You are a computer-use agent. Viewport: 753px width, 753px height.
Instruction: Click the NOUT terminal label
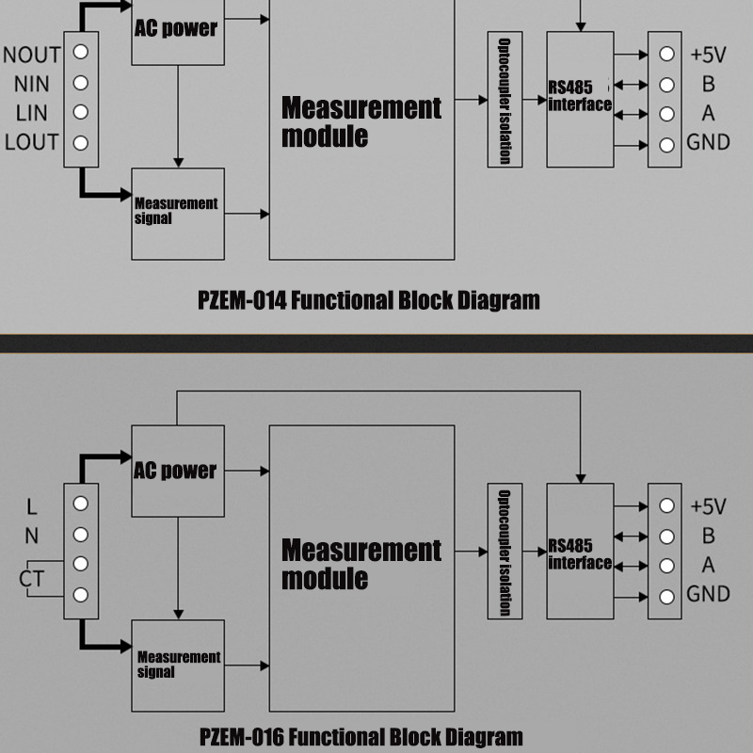coord(31,55)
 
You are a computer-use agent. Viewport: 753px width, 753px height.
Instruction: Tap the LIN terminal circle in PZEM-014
coord(81,112)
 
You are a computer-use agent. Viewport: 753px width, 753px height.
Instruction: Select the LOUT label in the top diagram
coord(31,143)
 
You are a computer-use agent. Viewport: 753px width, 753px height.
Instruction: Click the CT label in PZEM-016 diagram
coord(31,580)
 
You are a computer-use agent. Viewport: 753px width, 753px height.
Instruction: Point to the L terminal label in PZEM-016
coord(32,507)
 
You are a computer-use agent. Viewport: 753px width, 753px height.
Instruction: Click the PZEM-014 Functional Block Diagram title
coord(369,301)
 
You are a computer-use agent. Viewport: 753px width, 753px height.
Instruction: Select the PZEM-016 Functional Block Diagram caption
coord(361,736)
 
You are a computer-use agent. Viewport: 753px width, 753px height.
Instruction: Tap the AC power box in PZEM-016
coord(178,471)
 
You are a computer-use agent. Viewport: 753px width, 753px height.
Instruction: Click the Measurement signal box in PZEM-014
coord(178,214)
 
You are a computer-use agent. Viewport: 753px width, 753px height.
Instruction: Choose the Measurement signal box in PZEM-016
coord(178,665)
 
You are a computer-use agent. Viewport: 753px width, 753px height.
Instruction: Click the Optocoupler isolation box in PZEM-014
coord(505,100)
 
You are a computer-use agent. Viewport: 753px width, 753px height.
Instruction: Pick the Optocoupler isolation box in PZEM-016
coord(505,551)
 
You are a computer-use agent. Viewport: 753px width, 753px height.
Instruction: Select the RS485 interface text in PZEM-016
coord(580,554)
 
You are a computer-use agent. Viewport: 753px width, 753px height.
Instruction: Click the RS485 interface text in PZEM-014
coord(580,97)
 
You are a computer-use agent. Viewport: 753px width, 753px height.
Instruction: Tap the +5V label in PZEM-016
coord(708,506)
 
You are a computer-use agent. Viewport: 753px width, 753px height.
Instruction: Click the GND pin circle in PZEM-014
coord(666,145)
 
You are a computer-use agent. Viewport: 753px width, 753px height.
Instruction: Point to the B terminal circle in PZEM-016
coord(666,537)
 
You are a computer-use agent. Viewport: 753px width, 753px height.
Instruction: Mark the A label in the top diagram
coord(708,113)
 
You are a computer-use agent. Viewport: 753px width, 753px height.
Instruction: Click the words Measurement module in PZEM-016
coord(360,563)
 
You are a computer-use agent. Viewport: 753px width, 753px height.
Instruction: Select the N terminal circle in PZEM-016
coord(81,534)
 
